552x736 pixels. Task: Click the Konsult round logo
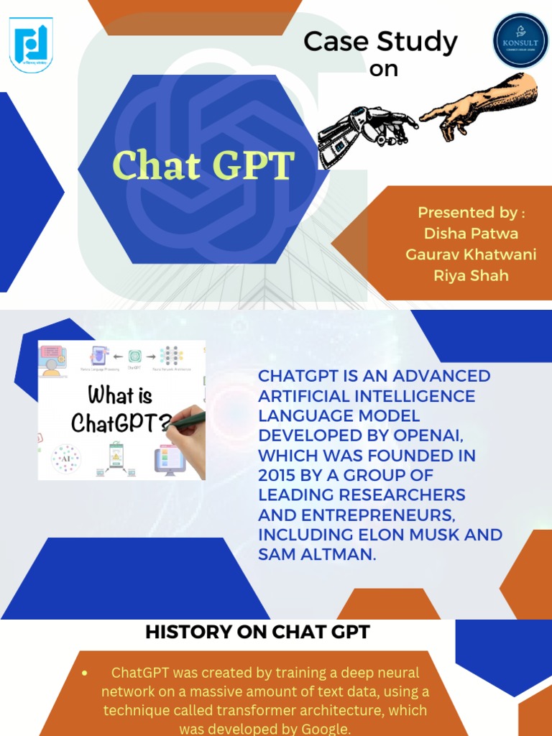point(520,40)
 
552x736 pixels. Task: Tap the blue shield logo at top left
point(31,44)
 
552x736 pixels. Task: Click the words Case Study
point(380,42)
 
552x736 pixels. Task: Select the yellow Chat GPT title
point(203,166)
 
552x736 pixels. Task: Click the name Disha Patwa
point(471,234)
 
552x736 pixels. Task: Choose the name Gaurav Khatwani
point(471,254)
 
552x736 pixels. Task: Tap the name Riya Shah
point(471,275)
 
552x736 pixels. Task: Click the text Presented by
point(471,213)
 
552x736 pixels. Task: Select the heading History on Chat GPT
point(257,632)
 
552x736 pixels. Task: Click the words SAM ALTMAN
point(317,554)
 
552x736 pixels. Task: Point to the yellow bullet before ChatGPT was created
point(85,673)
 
